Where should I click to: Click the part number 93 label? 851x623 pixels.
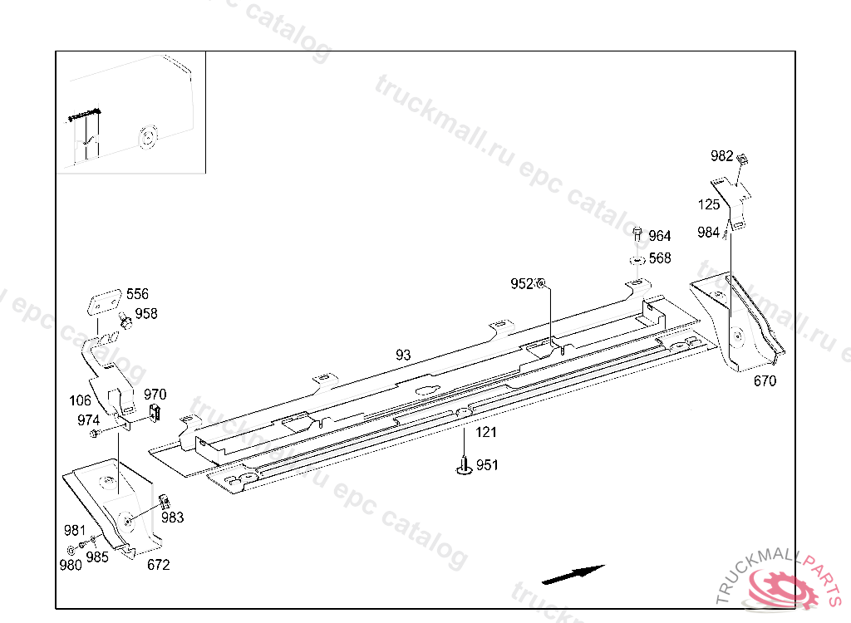[403, 355]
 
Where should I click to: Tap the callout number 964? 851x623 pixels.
[660, 236]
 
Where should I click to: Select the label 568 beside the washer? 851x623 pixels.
[660, 258]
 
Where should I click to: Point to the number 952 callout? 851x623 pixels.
[522, 284]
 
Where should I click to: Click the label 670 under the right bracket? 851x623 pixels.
[765, 381]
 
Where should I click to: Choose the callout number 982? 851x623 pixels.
[722, 156]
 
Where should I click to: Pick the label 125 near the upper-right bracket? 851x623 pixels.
[709, 204]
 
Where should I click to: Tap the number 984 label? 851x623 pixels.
[709, 233]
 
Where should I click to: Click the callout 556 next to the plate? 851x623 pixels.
[137, 294]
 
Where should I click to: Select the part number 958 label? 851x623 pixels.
[146, 314]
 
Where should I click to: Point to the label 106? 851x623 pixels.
[81, 400]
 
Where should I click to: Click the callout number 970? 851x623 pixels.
[155, 395]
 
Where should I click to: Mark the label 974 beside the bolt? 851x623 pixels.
[89, 420]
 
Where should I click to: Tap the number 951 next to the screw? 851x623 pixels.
[487, 465]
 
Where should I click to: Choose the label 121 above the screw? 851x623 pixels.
[486, 432]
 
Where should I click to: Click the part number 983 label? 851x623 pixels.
[173, 518]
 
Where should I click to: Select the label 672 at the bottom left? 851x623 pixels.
[158, 565]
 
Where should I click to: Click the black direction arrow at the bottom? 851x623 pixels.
[573, 574]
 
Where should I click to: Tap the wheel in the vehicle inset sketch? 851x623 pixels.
[150, 137]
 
